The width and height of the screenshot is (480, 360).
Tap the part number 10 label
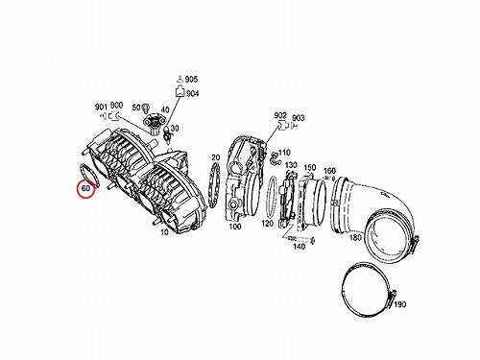pyautogui.click(x=164, y=231)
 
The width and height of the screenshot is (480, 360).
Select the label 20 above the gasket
pyautogui.click(x=216, y=157)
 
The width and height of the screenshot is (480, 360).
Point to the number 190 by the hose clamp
pyautogui.click(x=399, y=304)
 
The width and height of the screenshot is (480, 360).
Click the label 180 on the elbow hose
pyautogui.click(x=355, y=237)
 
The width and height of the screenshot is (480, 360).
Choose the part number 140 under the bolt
pyautogui.click(x=299, y=247)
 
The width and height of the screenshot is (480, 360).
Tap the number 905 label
pyautogui.click(x=191, y=79)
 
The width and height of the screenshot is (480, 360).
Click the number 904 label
pyautogui.click(x=192, y=93)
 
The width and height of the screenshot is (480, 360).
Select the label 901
pyautogui.click(x=101, y=107)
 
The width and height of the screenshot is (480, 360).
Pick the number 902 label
pyautogui.click(x=280, y=115)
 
